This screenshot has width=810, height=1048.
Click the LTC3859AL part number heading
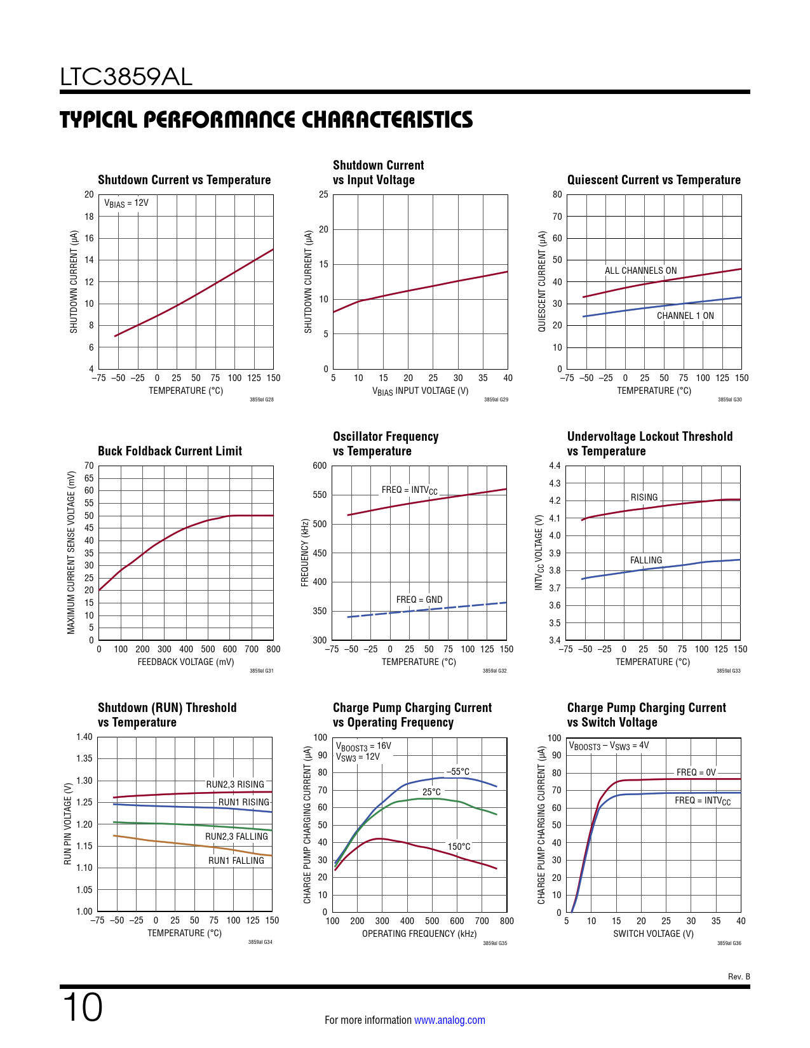point(126,77)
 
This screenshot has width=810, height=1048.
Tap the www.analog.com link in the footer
point(449,1020)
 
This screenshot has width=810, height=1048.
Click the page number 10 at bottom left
point(83,1007)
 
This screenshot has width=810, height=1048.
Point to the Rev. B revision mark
point(739,976)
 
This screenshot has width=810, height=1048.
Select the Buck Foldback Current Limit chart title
point(170,451)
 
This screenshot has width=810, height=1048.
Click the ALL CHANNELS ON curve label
point(640,271)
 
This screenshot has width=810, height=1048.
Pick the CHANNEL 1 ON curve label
point(685,316)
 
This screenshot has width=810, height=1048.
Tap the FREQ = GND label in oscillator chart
point(419,600)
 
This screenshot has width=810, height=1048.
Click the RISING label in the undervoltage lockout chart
point(644,497)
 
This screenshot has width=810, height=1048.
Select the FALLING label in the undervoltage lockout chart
point(645,560)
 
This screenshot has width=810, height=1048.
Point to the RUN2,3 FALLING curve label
point(236,836)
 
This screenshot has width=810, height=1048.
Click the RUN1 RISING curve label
point(243,802)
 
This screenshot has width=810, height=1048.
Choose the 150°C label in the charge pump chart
point(459,847)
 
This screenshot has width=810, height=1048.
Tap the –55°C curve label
point(458,772)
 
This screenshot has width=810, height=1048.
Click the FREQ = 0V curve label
point(696,772)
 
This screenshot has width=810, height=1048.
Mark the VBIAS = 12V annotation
point(126,203)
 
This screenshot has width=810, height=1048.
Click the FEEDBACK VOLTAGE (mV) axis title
point(186,662)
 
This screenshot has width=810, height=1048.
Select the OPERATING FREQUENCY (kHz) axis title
point(419,934)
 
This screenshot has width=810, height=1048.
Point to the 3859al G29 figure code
point(496,400)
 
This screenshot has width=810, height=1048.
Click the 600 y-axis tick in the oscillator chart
point(320,466)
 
